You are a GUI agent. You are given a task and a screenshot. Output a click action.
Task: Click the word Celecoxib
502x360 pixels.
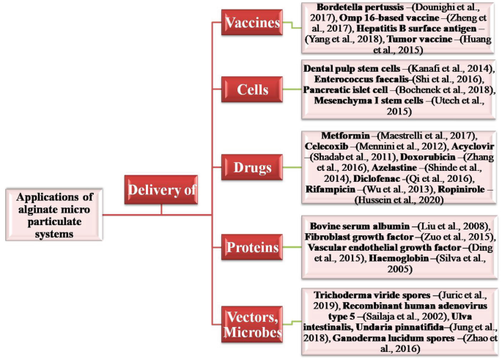[328, 146]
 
